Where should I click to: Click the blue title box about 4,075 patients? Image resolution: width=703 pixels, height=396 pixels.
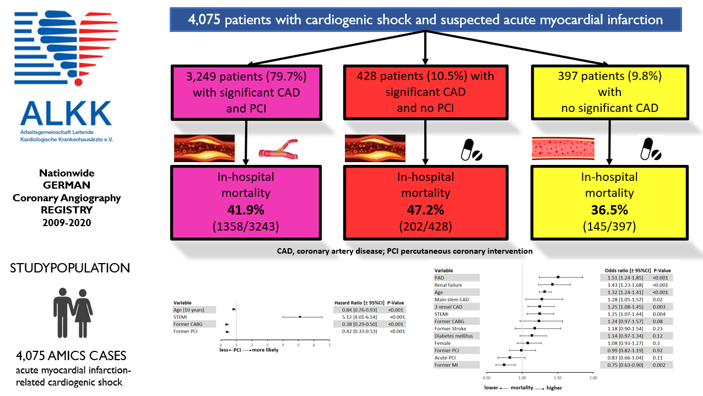click(425, 21)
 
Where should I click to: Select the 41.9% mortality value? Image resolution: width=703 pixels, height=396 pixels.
click(247, 210)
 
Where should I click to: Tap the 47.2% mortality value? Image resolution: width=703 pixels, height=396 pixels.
click(425, 210)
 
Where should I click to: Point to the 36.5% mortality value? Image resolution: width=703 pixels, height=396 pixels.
click(609, 210)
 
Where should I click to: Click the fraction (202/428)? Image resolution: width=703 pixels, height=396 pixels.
click(425, 226)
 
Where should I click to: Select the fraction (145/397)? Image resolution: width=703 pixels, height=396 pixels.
click(609, 226)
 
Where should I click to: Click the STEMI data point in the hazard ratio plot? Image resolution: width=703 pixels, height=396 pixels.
click(300, 317)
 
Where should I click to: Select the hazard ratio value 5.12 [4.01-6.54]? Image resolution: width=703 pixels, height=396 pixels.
click(355, 317)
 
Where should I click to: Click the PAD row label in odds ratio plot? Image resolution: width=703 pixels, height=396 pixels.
click(439, 277)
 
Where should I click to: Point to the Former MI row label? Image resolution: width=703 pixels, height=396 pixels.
click(446, 365)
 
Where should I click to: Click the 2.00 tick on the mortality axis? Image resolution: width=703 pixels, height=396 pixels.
click(593, 378)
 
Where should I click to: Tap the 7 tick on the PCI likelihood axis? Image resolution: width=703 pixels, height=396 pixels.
click(329, 345)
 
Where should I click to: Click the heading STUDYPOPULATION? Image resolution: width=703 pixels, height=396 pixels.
click(70, 268)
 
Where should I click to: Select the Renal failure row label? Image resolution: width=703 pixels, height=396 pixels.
click(448, 285)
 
